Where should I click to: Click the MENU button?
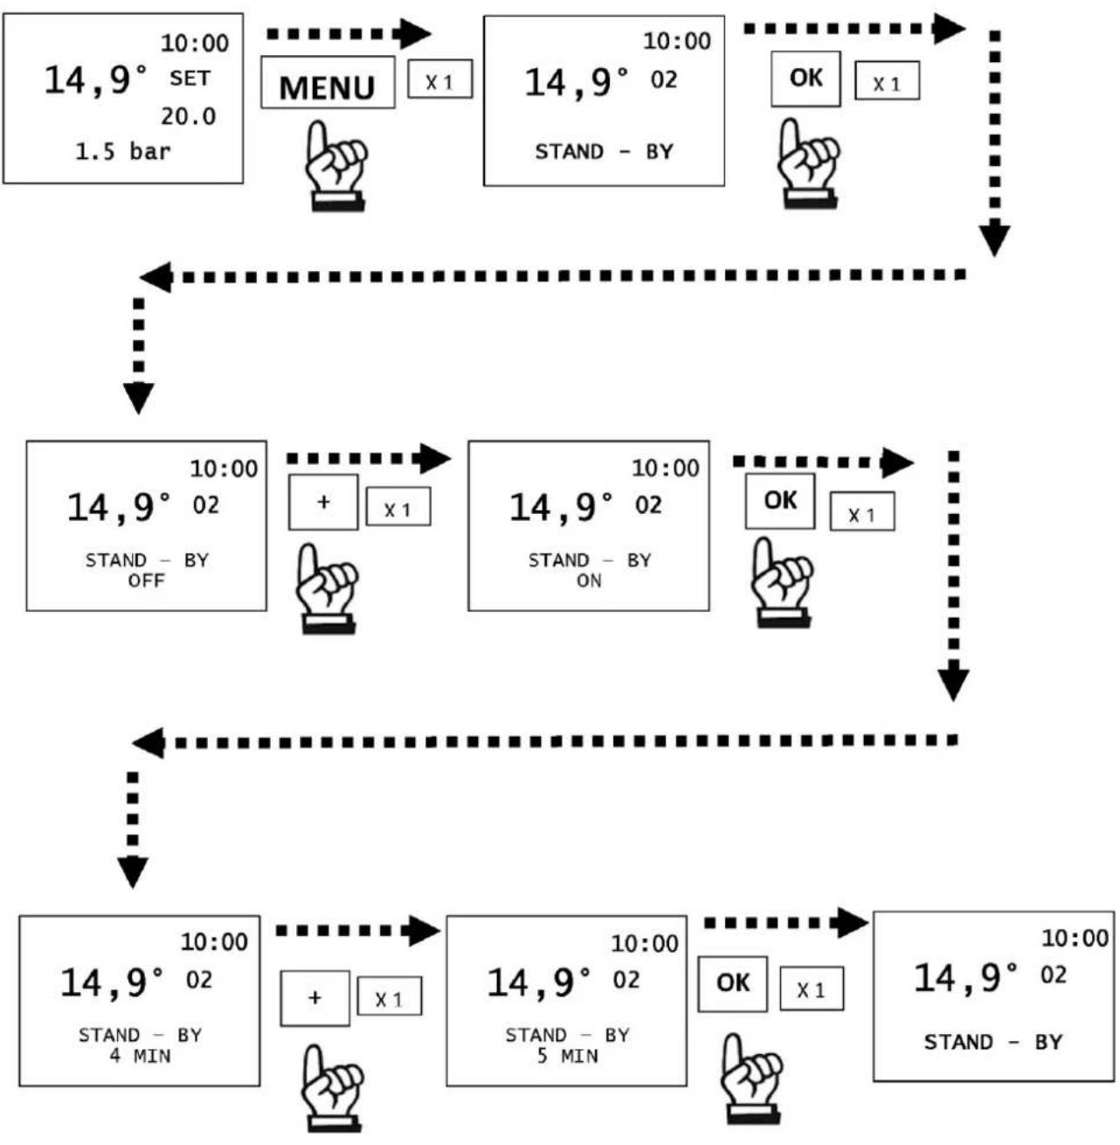(328, 82)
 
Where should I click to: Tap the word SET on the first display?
(190, 79)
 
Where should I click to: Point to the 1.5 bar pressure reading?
(123, 152)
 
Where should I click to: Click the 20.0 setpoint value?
(188, 116)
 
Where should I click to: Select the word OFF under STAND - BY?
(147, 580)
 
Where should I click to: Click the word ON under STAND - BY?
(589, 580)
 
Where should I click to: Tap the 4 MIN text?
(140, 1056)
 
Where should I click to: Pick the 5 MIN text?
(567, 1056)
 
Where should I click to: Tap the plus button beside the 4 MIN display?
(315, 998)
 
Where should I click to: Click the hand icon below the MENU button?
(335, 166)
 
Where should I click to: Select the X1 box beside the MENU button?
(440, 79)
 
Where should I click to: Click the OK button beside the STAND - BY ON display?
(780, 501)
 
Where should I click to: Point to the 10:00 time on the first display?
(195, 43)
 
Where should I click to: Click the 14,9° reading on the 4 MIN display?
(113, 982)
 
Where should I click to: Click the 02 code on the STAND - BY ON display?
(648, 505)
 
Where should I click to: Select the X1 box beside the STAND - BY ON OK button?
(862, 511)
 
